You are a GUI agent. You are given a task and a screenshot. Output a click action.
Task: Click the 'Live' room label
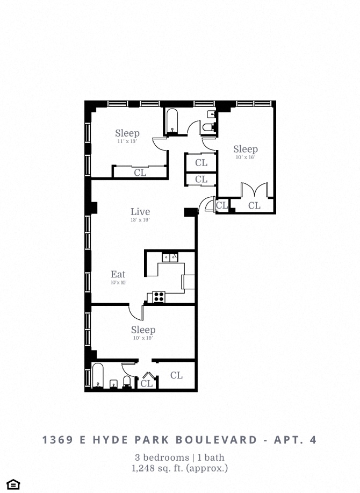tap(140, 212)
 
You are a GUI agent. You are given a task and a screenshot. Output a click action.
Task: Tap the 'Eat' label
tap(118, 274)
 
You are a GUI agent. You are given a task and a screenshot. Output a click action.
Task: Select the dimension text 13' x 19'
tap(140, 220)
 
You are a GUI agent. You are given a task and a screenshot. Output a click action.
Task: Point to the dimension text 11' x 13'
tap(127, 141)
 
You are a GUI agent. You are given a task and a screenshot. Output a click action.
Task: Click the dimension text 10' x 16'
tap(245, 158)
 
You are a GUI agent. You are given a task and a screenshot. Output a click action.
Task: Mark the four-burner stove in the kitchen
tap(159, 296)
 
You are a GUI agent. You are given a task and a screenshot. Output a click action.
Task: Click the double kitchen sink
tap(170, 258)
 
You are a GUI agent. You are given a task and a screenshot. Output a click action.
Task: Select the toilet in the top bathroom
tap(208, 127)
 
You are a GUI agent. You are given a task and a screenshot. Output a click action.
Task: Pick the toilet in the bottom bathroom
tap(127, 381)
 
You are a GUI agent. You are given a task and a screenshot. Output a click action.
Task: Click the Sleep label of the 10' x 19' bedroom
tap(143, 330)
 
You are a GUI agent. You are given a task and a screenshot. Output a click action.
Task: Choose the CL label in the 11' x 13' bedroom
tap(140, 173)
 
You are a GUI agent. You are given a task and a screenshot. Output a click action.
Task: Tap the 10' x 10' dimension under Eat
tap(118, 283)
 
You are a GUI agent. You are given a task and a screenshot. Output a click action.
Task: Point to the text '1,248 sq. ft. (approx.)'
tap(180, 468)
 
